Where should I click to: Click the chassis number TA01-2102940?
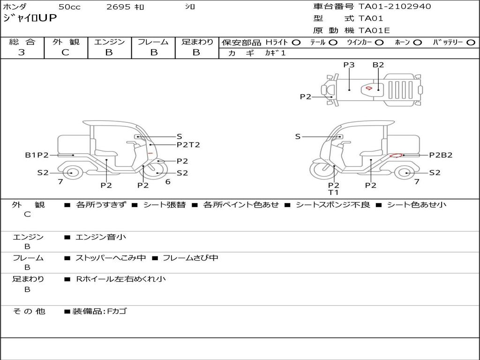(395, 7)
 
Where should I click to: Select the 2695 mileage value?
(119, 7)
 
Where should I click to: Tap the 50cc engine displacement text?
(69, 7)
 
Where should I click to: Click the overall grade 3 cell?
(22, 52)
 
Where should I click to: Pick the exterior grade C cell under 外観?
(66, 52)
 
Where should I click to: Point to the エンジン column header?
(109, 42)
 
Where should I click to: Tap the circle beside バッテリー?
(471, 42)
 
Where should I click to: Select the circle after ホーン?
(418, 42)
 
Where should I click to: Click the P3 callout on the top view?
(349, 65)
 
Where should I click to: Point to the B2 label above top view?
(378, 65)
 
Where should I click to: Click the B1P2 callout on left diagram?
(37, 155)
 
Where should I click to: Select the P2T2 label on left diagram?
(188, 145)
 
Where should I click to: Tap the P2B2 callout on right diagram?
(441, 155)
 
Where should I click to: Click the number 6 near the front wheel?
(168, 182)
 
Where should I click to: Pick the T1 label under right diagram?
(333, 192)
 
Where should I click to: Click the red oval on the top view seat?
(369, 88)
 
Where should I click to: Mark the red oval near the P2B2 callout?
(396, 156)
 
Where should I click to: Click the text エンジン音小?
(101, 237)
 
